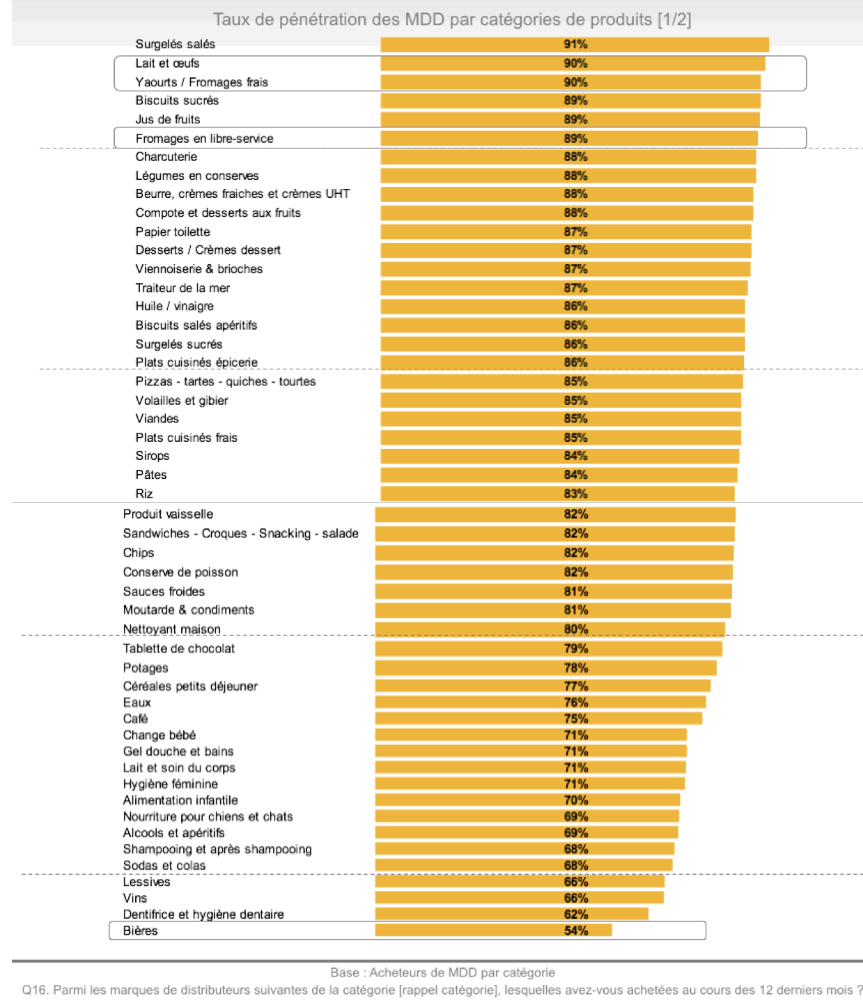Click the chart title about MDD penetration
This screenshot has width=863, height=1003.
point(452,20)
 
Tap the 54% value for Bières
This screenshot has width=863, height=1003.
point(576,931)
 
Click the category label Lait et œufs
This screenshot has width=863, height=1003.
point(167,63)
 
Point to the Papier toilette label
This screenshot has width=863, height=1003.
point(173,232)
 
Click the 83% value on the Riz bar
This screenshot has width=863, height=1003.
point(575,494)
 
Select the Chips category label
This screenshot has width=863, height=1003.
point(139,553)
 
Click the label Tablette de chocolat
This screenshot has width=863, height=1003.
point(179,649)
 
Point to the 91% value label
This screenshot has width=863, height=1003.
point(575,45)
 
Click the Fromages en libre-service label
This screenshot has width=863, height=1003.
point(204,139)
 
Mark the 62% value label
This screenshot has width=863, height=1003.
point(576,914)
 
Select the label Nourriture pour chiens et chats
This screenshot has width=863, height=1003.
point(208,817)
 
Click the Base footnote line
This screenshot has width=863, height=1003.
point(443,972)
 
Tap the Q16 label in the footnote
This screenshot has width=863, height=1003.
point(35,990)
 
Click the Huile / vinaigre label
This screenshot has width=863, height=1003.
point(174,307)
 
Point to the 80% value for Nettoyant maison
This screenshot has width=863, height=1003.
point(576,629)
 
